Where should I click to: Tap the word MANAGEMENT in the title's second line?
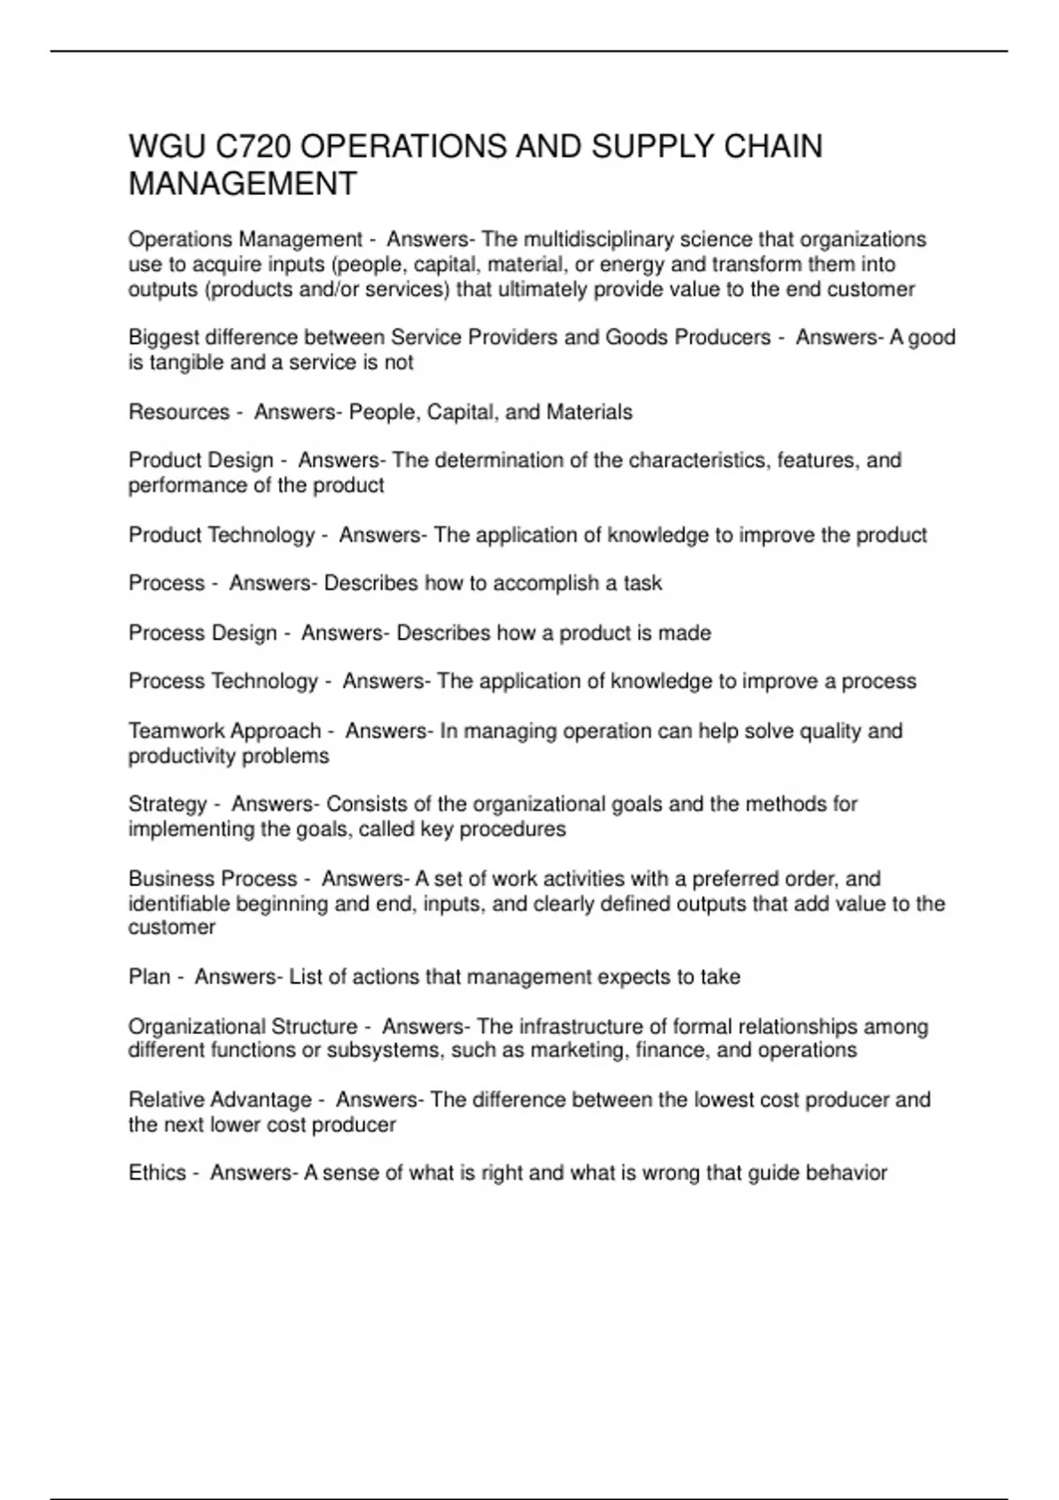point(243,184)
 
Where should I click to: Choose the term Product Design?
point(201,461)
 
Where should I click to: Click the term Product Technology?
point(222,536)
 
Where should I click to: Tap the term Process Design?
point(203,633)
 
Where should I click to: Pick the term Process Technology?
point(223,681)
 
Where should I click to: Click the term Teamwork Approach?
point(225,731)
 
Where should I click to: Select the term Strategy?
point(168,805)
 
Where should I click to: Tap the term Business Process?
point(213,879)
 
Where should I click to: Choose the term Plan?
point(149,977)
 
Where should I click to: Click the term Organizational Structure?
point(243,1027)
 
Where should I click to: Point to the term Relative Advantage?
point(220,1100)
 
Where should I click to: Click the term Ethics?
point(157,1173)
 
